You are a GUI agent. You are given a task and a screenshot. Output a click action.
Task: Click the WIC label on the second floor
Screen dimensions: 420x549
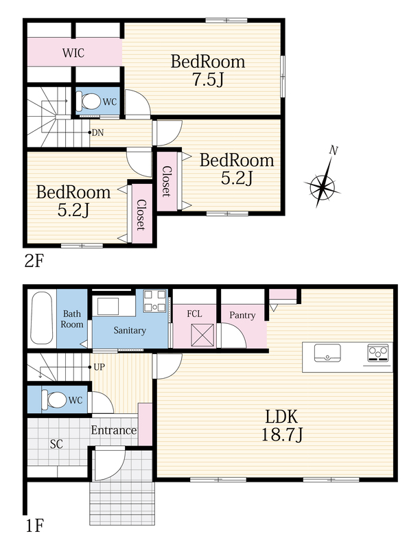click(x=73, y=53)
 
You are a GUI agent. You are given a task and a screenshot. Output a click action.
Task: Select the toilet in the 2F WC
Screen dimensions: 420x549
click(x=88, y=102)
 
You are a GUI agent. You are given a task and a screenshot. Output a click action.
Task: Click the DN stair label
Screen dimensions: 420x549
click(x=97, y=132)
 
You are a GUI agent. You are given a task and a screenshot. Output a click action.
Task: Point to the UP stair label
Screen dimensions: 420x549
click(x=99, y=367)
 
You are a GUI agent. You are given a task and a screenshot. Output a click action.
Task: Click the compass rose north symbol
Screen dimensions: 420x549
click(x=323, y=177)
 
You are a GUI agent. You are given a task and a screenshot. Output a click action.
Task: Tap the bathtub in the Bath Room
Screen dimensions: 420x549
click(x=42, y=318)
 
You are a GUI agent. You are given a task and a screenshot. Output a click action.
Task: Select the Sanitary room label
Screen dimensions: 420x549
click(x=130, y=330)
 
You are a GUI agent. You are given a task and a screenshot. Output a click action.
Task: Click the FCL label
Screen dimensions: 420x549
click(x=194, y=314)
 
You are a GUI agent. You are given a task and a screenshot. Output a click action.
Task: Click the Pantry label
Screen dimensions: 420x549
click(x=242, y=315)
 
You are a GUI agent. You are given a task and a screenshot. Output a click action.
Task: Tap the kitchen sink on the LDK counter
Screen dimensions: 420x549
click(x=327, y=353)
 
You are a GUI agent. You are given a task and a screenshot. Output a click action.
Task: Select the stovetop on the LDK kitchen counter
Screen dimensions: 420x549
click(x=378, y=353)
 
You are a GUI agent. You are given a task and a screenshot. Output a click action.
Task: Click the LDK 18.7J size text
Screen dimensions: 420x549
click(x=282, y=435)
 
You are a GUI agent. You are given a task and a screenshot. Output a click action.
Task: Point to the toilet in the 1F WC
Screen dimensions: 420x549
click(x=54, y=399)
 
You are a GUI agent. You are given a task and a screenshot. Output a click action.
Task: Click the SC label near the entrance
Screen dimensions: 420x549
click(x=56, y=444)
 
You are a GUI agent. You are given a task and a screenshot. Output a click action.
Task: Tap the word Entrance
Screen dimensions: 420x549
click(x=114, y=430)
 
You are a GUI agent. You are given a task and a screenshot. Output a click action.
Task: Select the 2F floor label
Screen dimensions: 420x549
click(x=34, y=261)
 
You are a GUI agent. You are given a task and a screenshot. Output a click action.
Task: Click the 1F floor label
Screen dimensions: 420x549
click(x=34, y=526)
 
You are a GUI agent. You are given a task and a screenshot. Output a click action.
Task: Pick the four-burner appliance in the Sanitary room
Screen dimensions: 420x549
click(x=154, y=301)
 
